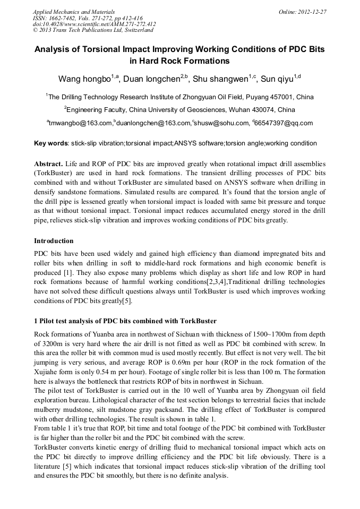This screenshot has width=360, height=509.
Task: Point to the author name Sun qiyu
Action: pos(279,79)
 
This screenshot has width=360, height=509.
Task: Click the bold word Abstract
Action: pos(49,163)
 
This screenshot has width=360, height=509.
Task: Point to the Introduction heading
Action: pos(54,240)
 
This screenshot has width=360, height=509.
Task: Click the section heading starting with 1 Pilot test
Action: pos(125,321)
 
